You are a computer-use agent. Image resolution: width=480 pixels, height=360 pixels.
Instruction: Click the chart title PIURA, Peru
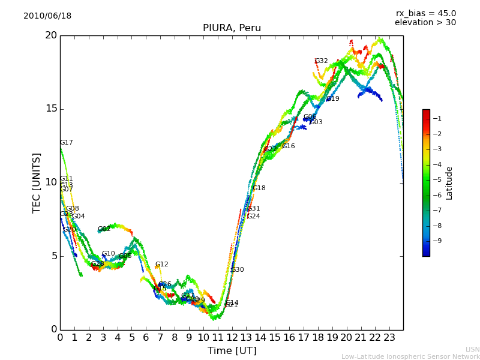(x=232, y=28)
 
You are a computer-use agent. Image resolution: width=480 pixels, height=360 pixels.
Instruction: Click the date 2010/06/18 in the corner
(x=47, y=16)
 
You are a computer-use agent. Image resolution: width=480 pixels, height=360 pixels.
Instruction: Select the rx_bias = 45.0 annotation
(x=425, y=14)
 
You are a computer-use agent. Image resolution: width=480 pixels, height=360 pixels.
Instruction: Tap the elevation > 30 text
(x=425, y=23)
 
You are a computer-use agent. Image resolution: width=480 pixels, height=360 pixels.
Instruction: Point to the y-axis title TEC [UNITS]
(x=37, y=182)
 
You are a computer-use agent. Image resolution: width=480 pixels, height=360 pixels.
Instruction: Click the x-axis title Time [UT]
(x=232, y=351)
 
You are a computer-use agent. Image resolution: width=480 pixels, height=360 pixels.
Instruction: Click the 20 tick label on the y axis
(x=50, y=35)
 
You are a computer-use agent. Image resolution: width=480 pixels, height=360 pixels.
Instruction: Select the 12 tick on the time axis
(x=232, y=337)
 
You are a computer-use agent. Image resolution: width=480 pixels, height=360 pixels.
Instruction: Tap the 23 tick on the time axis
(x=389, y=337)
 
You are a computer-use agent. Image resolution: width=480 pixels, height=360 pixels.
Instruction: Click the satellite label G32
(x=322, y=61)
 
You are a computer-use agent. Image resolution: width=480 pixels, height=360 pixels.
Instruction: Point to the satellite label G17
(x=67, y=143)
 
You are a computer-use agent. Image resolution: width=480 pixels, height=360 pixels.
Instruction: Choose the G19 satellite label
(x=333, y=99)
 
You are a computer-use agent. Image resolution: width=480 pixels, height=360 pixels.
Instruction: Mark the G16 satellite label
(x=289, y=146)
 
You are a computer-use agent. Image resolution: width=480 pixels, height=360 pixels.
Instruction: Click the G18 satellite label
(x=259, y=188)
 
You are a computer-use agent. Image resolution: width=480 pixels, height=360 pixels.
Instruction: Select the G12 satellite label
(x=162, y=265)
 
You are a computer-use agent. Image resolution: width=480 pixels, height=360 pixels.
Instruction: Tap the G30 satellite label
(x=238, y=270)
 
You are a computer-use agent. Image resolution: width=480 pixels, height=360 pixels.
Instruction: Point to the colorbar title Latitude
(x=449, y=183)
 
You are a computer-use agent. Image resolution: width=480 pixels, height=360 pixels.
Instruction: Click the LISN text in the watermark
(x=472, y=350)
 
